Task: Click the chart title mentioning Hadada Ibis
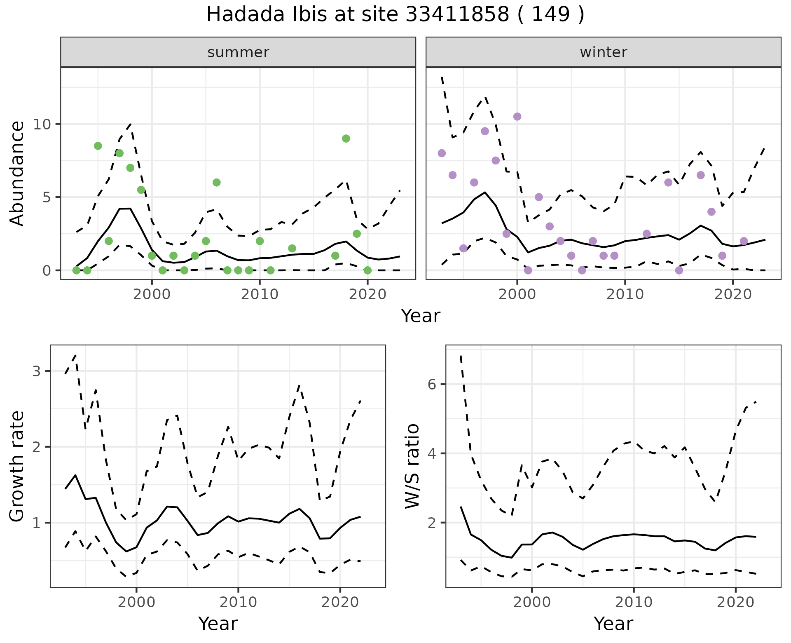[x=395, y=15]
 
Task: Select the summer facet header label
[x=238, y=52]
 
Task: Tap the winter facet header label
[x=603, y=52]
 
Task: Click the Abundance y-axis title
[x=17, y=173]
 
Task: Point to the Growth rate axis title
[x=17, y=467]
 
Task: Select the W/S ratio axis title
[x=412, y=466]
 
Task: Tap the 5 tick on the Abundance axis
[x=46, y=197]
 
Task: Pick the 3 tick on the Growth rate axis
[x=37, y=371]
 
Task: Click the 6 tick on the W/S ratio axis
[x=432, y=384]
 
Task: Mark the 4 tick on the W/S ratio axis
[x=432, y=453]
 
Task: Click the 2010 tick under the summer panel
[x=260, y=294]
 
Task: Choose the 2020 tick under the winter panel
[x=733, y=294]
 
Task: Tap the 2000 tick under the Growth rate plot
[x=136, y=602]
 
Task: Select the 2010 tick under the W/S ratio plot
[x=634, y=602]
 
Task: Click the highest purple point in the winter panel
[x=517, y=117]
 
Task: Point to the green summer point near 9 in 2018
[x=346, y=138]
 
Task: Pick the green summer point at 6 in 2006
[x=217, y=183]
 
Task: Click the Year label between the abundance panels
[x=421, y=316]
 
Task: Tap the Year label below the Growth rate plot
[x=218, y=624]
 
